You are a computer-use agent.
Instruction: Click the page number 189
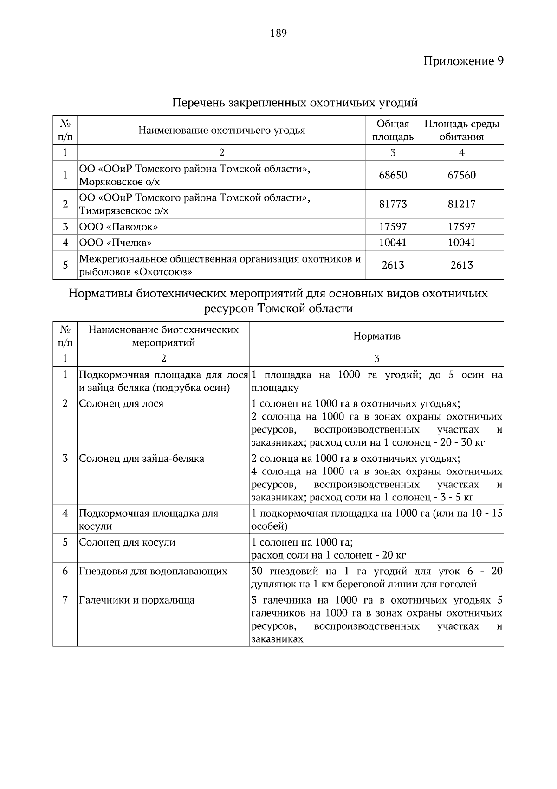click(x=278, y=33)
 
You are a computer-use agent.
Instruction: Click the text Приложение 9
click(x=463, y=61)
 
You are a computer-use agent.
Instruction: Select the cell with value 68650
click(x=393, y=175)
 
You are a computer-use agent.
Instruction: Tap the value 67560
click(x=461, y=175)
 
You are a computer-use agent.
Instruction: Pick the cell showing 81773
click(x=393, y=204)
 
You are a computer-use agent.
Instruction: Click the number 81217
click(x=461, y=204)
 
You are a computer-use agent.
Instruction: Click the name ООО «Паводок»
click(x=118, y=227)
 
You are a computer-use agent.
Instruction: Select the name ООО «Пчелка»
click(x=115, y=243)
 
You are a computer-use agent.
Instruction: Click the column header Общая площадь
click(x=393, y=130)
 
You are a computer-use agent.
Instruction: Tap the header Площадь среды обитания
click(x=461, y=130)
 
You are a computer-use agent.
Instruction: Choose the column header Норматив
click(x=376, y=336)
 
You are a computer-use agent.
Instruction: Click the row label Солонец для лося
click(x=121, y=404)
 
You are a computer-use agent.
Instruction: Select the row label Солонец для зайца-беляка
click(x=142, y=459)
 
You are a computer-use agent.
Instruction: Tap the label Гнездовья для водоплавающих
click(x=153, y=571)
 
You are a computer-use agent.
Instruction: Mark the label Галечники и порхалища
click(x=136, y=600)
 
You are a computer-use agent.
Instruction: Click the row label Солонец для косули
click(x=127, y=542)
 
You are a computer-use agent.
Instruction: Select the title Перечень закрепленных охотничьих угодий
click(x=295, y=102)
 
